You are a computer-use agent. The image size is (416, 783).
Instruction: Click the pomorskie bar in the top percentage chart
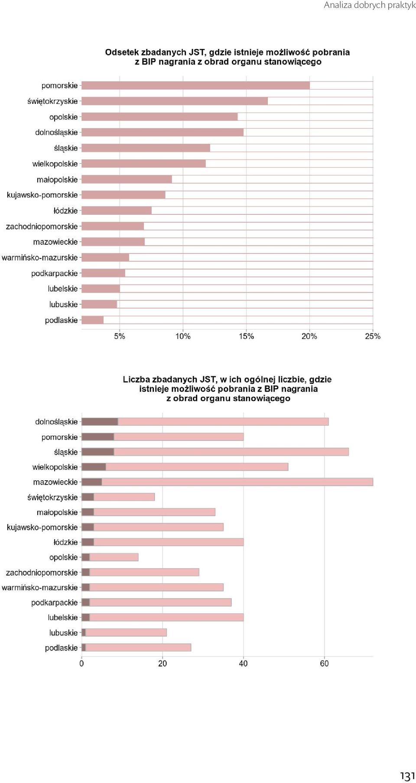pos(196,85)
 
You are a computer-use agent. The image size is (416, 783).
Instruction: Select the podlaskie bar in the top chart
pos(93,320)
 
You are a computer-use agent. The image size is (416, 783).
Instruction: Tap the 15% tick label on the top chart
pos(246,336)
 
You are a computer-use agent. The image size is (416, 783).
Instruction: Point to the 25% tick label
pos(373,336)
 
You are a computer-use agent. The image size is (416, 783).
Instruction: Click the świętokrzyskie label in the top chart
pos(52,101)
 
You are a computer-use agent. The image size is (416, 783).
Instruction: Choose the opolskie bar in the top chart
pos(160,116)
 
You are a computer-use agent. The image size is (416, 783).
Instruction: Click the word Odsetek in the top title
pos(121,52)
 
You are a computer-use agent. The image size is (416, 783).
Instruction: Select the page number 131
pos(407,776)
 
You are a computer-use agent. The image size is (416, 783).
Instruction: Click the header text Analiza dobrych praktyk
pos(370,5)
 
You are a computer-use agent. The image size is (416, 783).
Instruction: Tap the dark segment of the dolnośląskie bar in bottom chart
pos(100,421)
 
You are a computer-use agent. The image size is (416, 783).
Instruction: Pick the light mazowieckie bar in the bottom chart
pos(237,482)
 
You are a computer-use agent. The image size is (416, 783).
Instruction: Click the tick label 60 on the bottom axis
pos(324,663)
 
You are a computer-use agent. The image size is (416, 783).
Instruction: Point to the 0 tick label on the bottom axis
pos(81,663)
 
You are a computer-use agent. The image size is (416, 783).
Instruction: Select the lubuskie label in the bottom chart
pos(63,633)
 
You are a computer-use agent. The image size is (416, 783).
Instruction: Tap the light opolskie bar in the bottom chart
pos(114,557)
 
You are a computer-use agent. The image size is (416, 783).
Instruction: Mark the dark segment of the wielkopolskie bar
pos(94,467)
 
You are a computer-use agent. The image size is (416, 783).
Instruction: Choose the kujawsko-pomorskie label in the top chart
pos(42,195)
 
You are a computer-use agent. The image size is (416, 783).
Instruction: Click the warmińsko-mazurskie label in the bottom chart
pos(39,588)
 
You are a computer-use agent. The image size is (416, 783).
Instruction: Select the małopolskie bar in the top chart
pos(127,179)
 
